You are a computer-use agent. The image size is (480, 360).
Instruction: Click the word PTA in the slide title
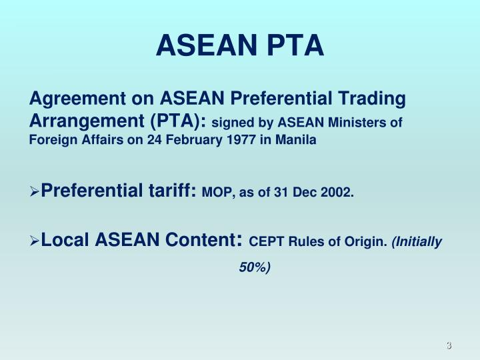tap(294, 46)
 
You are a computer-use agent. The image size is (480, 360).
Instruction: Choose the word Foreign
tap(51, 140)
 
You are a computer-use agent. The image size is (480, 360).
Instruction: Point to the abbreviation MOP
tap(215, 193)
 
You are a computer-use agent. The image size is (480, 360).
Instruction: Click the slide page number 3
tap(449, 346)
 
